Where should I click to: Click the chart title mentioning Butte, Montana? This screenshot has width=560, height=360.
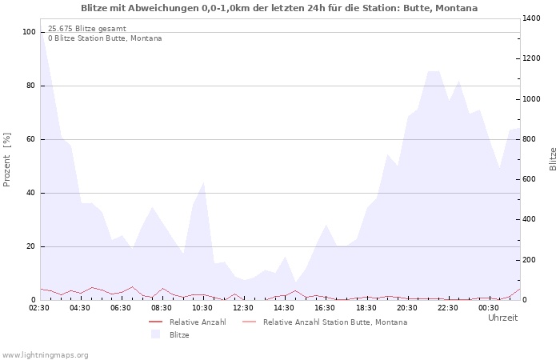point(279,8)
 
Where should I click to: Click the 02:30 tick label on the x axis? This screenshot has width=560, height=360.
point(39,307)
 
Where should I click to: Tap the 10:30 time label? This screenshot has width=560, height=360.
point(202,307)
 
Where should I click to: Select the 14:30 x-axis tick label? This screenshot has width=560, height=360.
point(284,307)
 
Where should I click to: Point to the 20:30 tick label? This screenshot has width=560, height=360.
point(406,307)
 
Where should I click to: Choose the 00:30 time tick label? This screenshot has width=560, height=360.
point(488,307)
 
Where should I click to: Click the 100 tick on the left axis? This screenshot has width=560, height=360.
point(29,32)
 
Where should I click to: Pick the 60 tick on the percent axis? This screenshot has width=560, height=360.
point(31,139)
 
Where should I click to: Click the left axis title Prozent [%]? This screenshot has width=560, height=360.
point(7,160)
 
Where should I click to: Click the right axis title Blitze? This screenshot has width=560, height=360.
point(553,158)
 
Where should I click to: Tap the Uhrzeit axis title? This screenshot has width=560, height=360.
point(502,318)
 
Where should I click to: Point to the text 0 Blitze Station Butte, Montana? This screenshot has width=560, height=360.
point(105,38)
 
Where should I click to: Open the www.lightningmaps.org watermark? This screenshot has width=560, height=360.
point(46,354)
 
